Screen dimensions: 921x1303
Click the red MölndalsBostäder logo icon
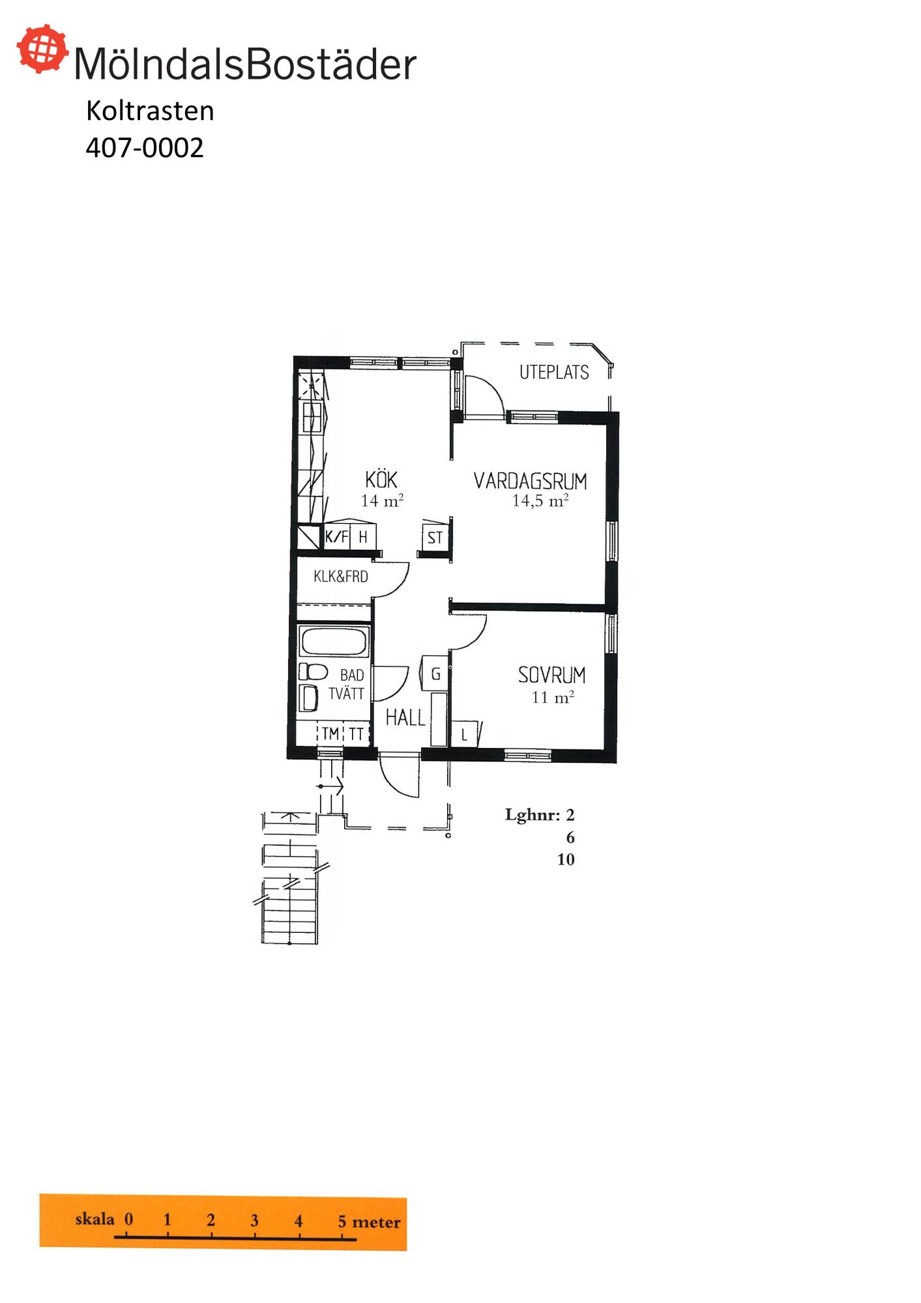pyautogui.click(x=42, y=49)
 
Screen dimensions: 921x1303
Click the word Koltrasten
pyautogui.click(x=150, y=111)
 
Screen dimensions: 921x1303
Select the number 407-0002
pyautogui.click(x=145, y=148)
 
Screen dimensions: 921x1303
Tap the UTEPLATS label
pyautogui.click(x=554, y=372)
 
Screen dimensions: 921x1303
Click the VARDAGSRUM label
pyautogui.click(x=531, y=481)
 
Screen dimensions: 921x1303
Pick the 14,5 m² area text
pyautogui.click(x=540, y=500)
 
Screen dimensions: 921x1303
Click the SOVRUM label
pyautogui.click(x=551, y=675)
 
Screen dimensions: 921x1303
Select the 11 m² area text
pyautogui.click(x=553, y=697)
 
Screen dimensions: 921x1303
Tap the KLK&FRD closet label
pyautogui.click(x=341, y=577)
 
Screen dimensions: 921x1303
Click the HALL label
pyautogui.click(x=405, y=718)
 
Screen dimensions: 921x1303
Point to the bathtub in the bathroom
pyautogui.click(x=334, y=642)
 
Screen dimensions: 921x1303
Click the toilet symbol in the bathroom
pyautogui.click(x=313, y=672)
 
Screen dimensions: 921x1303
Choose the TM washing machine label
pyautogui.click(x=330, y=734)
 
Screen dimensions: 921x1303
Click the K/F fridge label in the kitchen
pyautogui.click(x=336, y=537)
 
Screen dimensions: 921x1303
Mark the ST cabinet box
pyautogui.click(x=435, y=537)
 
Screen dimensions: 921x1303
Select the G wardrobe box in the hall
pyautogui.click(x=435, y=674)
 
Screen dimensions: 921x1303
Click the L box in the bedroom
pyautogui.click(x=464, y=734)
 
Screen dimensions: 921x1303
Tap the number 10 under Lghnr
pyautogui.click(x=566, y=859)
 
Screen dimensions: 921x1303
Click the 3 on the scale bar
pyautogui.click(x=254, y=1220)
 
